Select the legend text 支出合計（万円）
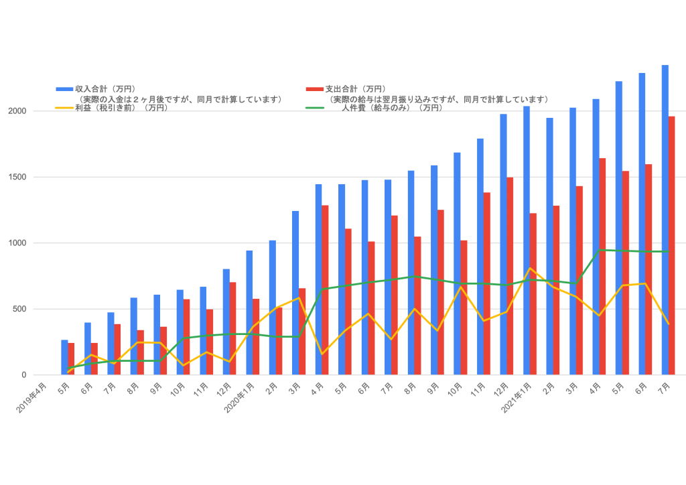coord(355,88)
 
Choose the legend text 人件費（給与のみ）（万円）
coord(391,107)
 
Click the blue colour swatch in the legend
coord(64,88)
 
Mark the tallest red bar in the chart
coord(671,245)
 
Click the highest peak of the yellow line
coord(530,269)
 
